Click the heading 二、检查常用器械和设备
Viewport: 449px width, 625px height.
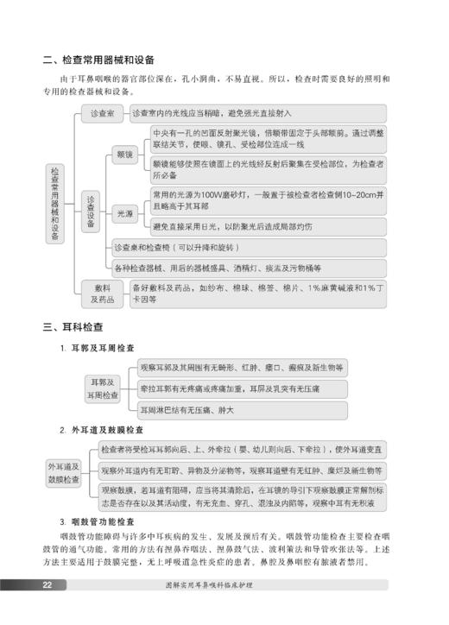[x=99, y=60]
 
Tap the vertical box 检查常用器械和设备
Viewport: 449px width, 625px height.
[x=54, y=205]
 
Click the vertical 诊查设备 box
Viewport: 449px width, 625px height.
[x=91, y=211]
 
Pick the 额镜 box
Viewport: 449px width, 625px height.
[x=124, y=155]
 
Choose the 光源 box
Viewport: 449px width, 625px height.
[x=124, y=211]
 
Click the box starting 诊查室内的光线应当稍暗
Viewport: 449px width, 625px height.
[x=256, y=113]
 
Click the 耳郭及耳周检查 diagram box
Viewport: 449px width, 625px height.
[x=102, y=388]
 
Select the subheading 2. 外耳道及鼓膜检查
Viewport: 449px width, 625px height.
[x=102, y=429]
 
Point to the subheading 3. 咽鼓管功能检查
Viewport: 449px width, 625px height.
[x=97, y=521]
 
